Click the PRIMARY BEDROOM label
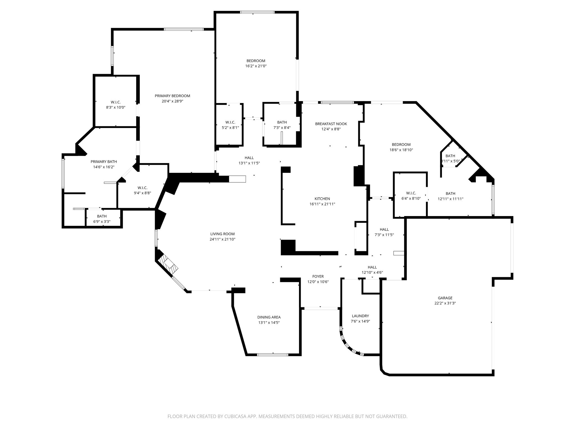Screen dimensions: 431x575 (172, 96)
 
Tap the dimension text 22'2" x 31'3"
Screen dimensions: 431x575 (445, 303)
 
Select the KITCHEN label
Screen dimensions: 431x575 (322, 199)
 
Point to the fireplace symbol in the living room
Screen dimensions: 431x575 (168, 265)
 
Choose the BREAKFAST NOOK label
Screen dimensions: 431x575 (331, 124)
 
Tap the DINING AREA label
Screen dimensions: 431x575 (269, 317)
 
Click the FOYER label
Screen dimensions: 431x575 (318, 276)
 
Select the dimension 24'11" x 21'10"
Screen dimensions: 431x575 (222, 239)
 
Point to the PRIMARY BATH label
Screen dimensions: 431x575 (104, 162)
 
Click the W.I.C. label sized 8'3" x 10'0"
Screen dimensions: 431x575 (115, 102)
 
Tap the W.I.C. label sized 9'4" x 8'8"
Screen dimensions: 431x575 (142, 188)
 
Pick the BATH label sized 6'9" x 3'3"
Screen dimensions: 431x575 (102, 216)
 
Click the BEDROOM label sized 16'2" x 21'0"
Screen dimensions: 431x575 (255, 61)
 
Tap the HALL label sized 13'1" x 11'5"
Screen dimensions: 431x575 (249, 158)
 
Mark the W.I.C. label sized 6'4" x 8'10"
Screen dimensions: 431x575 (411, 193)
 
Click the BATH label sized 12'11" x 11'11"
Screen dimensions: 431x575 (450, 194)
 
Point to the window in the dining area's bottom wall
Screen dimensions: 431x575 (272, 355)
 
